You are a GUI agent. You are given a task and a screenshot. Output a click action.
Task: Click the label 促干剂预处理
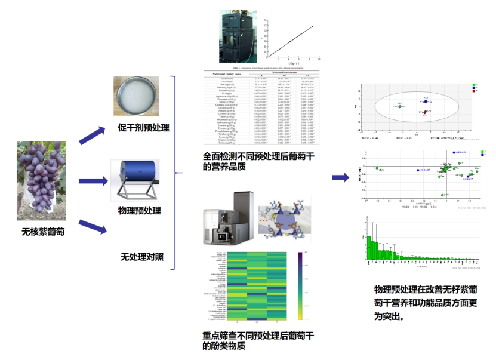(143, 128)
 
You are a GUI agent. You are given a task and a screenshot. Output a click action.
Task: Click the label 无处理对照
(142, 257)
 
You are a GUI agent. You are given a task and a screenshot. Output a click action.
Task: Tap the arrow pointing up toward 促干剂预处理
(93, 134)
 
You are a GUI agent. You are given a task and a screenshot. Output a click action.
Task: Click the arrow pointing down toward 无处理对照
(93, 226)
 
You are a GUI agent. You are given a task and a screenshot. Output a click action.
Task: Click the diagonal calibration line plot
(291, 41)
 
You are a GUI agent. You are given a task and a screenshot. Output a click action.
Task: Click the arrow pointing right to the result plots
(340, 177)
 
